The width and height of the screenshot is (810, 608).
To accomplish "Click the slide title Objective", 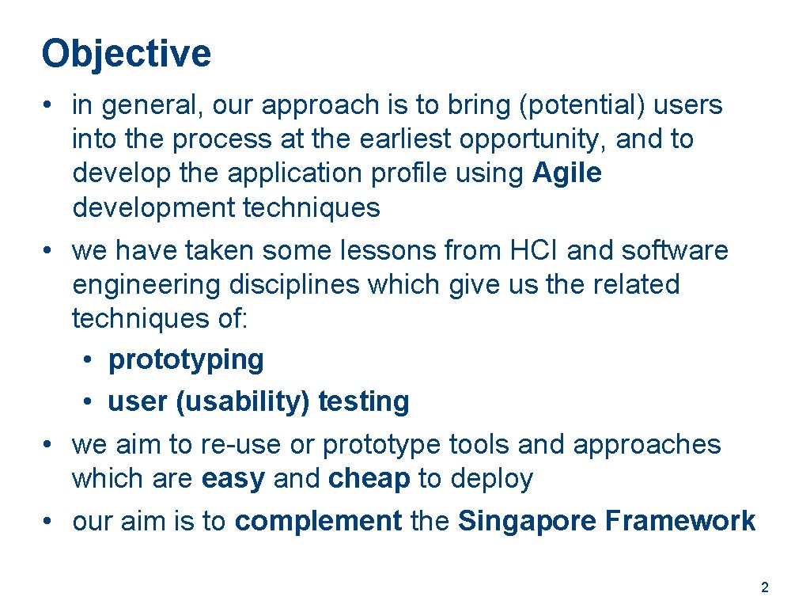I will [x=127, y=54].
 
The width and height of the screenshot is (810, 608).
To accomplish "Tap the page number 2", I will [x=764, y=587].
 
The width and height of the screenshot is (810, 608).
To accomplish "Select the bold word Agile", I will [x=567, y=173].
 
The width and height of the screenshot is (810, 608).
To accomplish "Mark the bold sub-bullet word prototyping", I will [x=186, y=359].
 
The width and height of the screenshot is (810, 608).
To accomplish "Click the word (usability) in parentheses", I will [x=243, y=402].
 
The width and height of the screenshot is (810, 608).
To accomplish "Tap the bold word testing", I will [x=364, y=402].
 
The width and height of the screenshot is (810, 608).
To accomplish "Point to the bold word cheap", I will [x=369, y=479].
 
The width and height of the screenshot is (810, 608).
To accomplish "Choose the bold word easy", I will [x=233, y=479].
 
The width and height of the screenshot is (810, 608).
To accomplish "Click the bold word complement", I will [x=319, y=521].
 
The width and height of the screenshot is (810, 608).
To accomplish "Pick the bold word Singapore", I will [x=527, y=521].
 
